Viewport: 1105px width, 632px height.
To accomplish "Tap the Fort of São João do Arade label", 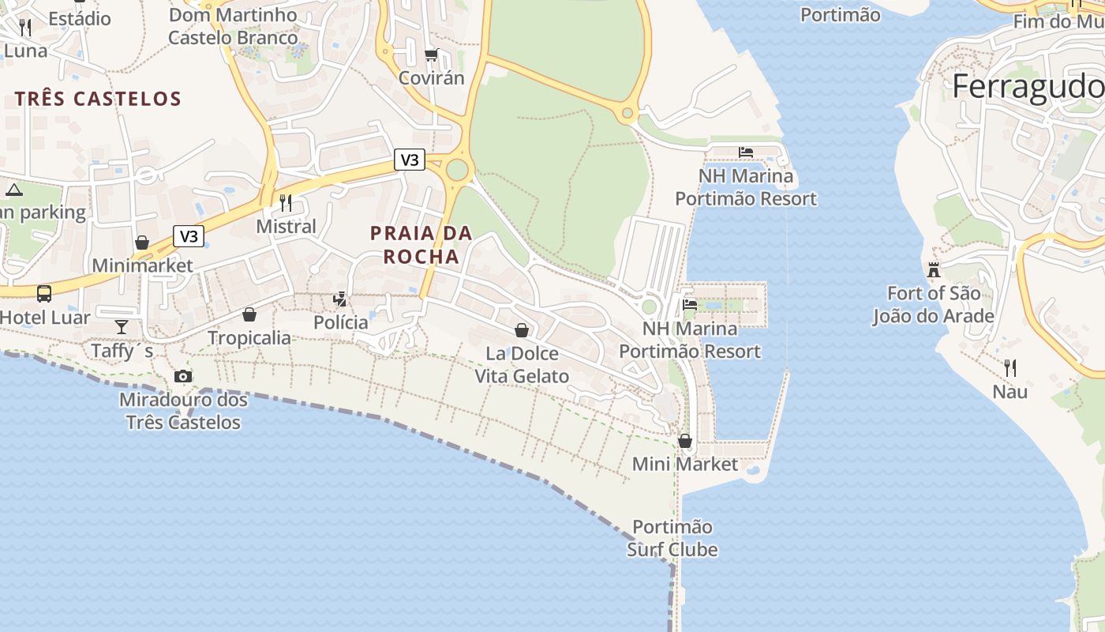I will click(933, 305).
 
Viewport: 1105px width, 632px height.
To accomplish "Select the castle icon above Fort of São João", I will click(934, 271).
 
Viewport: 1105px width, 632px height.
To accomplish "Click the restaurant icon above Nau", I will click(1009, 367).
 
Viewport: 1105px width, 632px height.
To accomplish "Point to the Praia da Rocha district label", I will click(421, 245).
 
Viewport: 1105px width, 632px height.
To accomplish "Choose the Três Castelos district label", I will click(98, 99).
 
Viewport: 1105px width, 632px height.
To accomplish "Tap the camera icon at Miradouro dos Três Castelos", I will click(183, 377).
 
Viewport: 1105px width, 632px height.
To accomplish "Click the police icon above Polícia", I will click(340, 299).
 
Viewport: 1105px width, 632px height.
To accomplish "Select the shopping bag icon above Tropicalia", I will click(249, 314).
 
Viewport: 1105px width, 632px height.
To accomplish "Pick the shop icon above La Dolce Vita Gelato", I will click(521, 329).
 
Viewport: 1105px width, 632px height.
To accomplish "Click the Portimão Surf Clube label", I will click(672, 538).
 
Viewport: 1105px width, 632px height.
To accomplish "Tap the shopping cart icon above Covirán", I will click(431, 55).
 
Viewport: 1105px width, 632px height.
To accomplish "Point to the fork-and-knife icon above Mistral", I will click(286, 203).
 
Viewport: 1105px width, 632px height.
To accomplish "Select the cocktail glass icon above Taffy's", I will click(122, 326).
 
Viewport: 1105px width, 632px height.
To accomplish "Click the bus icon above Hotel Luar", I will click(44, 294).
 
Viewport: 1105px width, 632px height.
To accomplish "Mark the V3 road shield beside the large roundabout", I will click(410, 160).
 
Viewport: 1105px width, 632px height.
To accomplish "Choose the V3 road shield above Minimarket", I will click(189, 235).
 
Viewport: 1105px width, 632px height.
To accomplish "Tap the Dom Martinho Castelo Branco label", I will click(233, 26).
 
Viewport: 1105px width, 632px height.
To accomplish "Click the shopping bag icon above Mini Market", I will click(685, 441).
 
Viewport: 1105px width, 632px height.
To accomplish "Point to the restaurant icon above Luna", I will click(25, 28).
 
